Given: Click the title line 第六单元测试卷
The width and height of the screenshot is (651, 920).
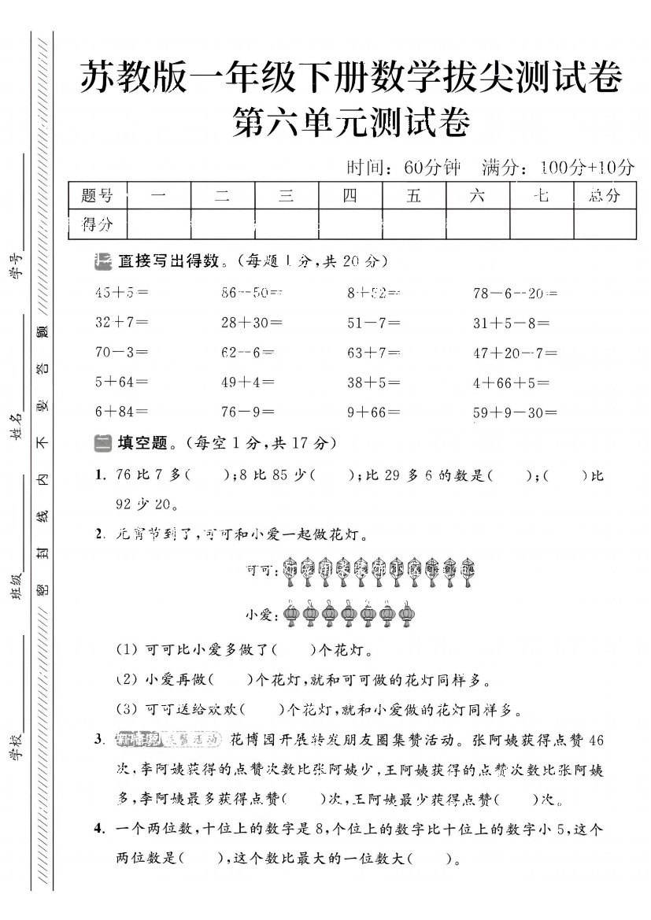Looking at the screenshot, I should pyautogui.click(x=352, y=124).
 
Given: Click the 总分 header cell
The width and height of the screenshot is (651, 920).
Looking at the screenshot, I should pyautogui.click(x=604, y=195).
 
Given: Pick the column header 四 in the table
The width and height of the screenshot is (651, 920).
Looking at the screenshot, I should pyautogui.click(x=350, y=195).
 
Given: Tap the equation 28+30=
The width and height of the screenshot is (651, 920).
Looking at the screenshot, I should pyautogui.click(x=252, y=322).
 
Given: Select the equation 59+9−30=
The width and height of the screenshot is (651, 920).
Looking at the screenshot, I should pyautogui.click(x=515, y=412).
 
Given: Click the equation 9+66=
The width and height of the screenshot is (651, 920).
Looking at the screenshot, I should pyautogui.click(x=373, y=412).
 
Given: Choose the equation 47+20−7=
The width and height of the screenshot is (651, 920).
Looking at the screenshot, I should pyautogui.click(x=515, y=352).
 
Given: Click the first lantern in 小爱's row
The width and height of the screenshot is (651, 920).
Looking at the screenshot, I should pyautogui.click(x=291, y=615).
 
